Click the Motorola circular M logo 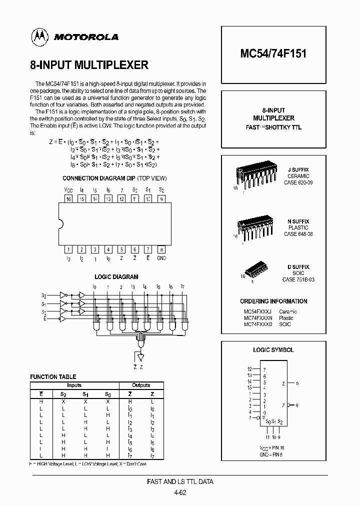point(38,36)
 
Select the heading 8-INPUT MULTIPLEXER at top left point(89,65)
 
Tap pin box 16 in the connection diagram point(68,199)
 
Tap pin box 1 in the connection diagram point(68,249)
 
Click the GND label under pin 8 point(161,258)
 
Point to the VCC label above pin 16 point(68,190)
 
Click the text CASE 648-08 point(298,234)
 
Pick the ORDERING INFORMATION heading point(273,301)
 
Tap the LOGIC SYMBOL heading point(273,350)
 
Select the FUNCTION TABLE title point(53,377)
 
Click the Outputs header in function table point(141,385)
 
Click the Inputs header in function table point(74,385)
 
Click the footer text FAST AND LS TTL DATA point(180,482)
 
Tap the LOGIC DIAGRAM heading point(116,277)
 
